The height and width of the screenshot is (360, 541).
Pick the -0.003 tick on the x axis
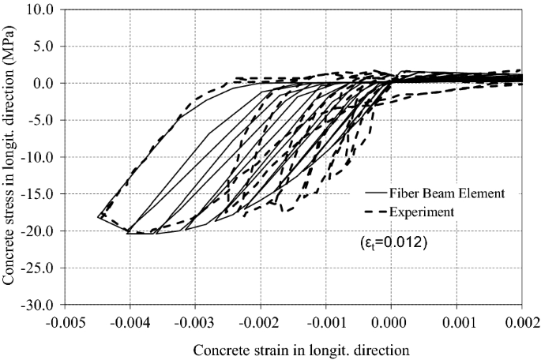[x=194, y=323]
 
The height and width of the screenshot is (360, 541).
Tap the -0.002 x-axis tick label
[x=260, y=323]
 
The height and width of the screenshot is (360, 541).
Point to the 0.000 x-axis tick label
[x=392, y=323]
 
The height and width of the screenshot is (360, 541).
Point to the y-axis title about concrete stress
[x=12, y=158]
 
